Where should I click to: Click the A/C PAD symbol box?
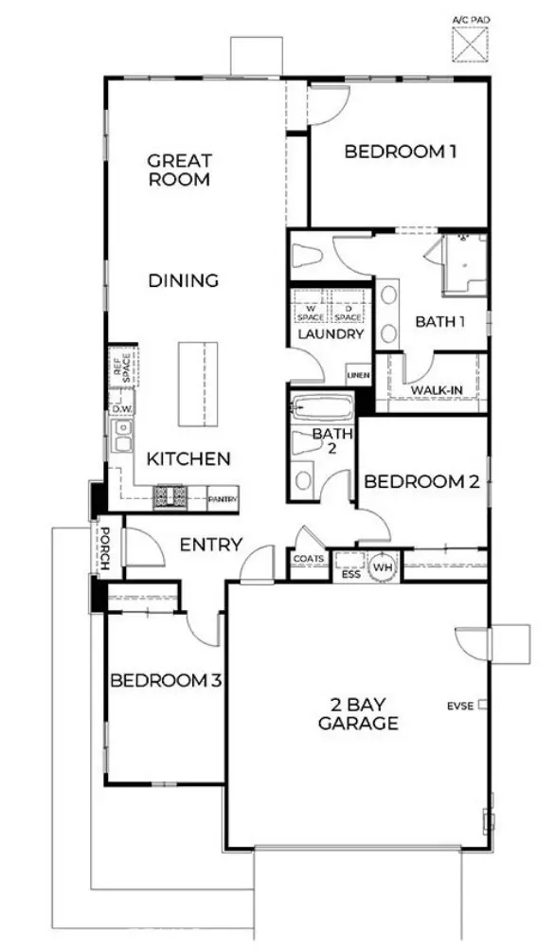click(470, 44)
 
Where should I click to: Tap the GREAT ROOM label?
click(179, 170)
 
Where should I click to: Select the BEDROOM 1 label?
click(394, 151)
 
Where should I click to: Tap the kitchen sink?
click(122, 439)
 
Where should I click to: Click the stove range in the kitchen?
click(170, 494)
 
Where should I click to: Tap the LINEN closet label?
click(358, 375)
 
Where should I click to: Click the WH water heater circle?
click(383, 565)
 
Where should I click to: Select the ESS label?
click(350, 572)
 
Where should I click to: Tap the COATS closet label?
click(308, 560)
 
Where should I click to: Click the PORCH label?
click(107, 548)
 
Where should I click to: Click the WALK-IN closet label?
click(436, 389)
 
